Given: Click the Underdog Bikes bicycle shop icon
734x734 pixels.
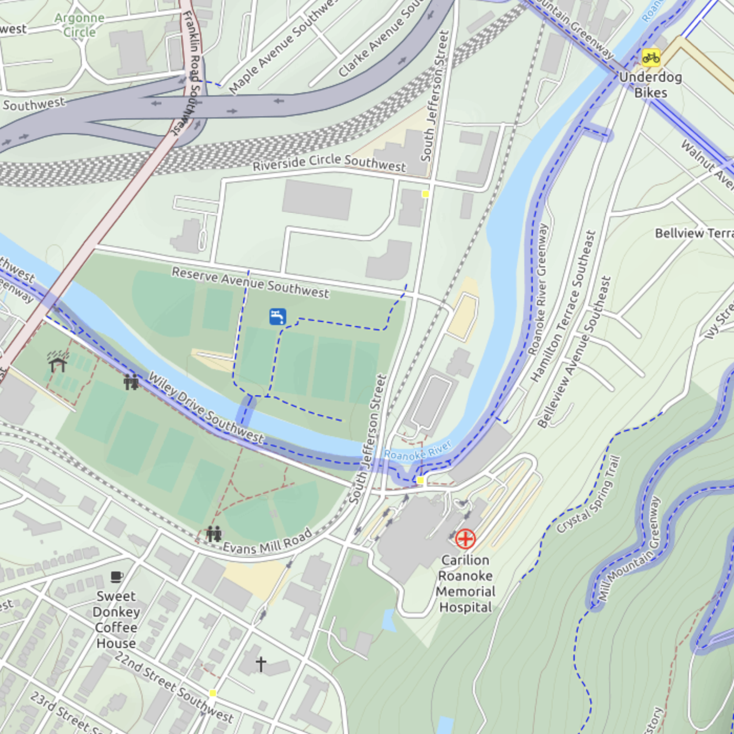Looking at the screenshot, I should coord(651,58).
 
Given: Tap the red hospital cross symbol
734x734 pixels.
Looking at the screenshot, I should coord(465,538).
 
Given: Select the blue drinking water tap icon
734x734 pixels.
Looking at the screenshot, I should coord(277,317).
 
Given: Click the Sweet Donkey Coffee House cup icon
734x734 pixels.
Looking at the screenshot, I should coord(116,577).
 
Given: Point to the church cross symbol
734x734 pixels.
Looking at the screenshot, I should coord(261,664).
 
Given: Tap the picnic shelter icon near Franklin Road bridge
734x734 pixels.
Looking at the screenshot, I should coord(58,362).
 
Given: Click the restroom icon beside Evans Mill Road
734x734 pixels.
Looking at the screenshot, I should coord(213,534).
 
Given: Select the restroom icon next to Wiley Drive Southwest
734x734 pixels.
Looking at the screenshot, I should coord(131,382).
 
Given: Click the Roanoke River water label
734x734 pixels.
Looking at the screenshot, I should coord(418,451).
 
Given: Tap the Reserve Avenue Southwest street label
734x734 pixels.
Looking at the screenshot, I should coord(251,282).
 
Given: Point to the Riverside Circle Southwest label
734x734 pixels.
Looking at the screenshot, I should coord(329,163).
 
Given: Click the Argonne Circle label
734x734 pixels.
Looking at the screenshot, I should coord(79,25).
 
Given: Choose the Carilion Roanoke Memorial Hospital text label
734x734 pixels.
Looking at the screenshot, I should coord(465,584).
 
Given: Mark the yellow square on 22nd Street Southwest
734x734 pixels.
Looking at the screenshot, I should coord(213,693).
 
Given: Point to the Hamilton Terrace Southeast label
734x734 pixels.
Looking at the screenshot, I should coord(564,306).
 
